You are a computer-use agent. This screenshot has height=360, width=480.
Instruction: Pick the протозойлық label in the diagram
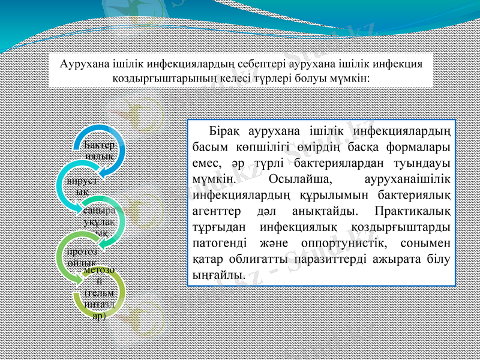80,257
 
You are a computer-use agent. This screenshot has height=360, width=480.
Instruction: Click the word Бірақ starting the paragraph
224,131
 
